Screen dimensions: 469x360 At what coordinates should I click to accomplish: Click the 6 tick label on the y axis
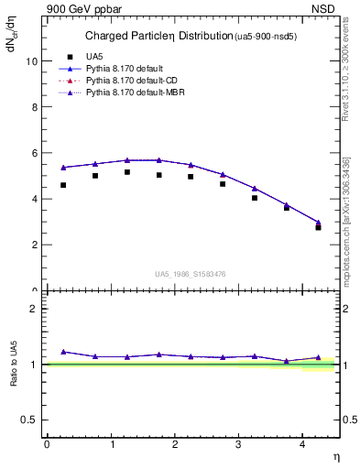coord(34,153)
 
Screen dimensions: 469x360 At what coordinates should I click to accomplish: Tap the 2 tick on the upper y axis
coord(34,245)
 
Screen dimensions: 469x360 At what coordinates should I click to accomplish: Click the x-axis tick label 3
coord(238,444)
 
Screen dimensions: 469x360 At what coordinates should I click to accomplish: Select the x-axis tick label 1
coord(111,444)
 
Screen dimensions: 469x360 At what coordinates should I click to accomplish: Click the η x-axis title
coord(335,457)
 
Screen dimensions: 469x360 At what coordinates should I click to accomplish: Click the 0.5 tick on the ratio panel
coord(29,420)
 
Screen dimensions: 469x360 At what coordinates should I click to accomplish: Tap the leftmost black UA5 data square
coord(63,185)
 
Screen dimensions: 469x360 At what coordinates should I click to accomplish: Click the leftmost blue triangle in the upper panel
coord(63,168)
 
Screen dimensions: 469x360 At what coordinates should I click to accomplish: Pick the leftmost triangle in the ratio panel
coord(63,352)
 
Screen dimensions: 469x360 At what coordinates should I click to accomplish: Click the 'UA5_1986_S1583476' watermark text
coord(191,273)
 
